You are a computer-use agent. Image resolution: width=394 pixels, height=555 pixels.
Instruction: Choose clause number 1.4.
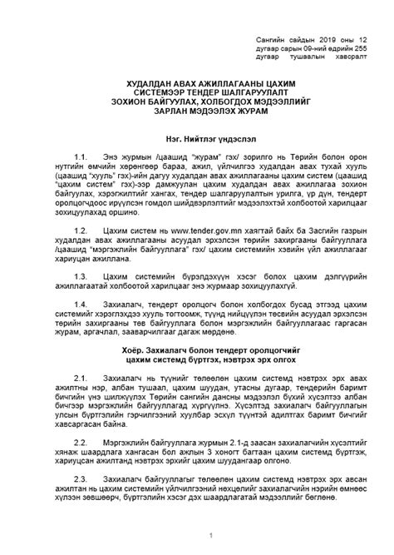pos(104,305)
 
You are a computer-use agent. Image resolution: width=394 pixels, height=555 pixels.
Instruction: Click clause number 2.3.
pos(104,479)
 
